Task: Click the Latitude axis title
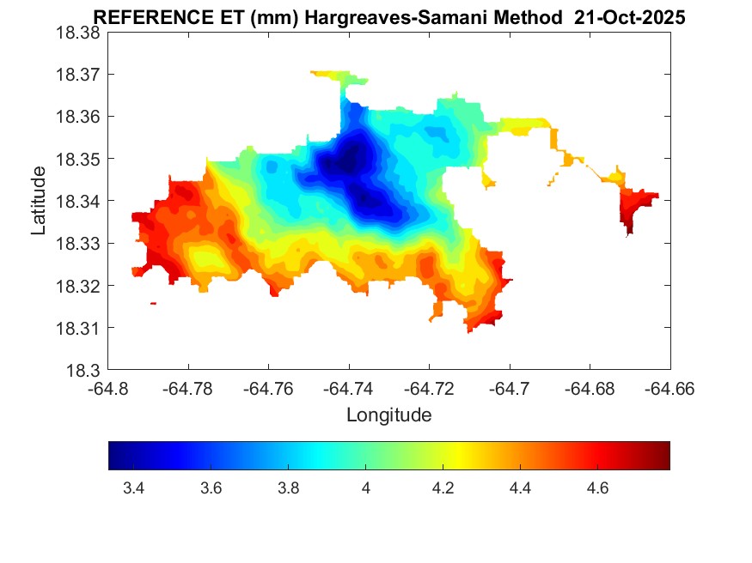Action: [39, 201]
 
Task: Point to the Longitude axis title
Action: [388, 415]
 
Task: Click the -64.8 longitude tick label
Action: [108, 389]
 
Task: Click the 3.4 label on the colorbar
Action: [133, 489]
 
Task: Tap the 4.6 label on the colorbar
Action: [597, 489]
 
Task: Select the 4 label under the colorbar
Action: [365, 489]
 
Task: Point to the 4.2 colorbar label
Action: [443, 489]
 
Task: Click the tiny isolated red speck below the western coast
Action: [153, 303]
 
